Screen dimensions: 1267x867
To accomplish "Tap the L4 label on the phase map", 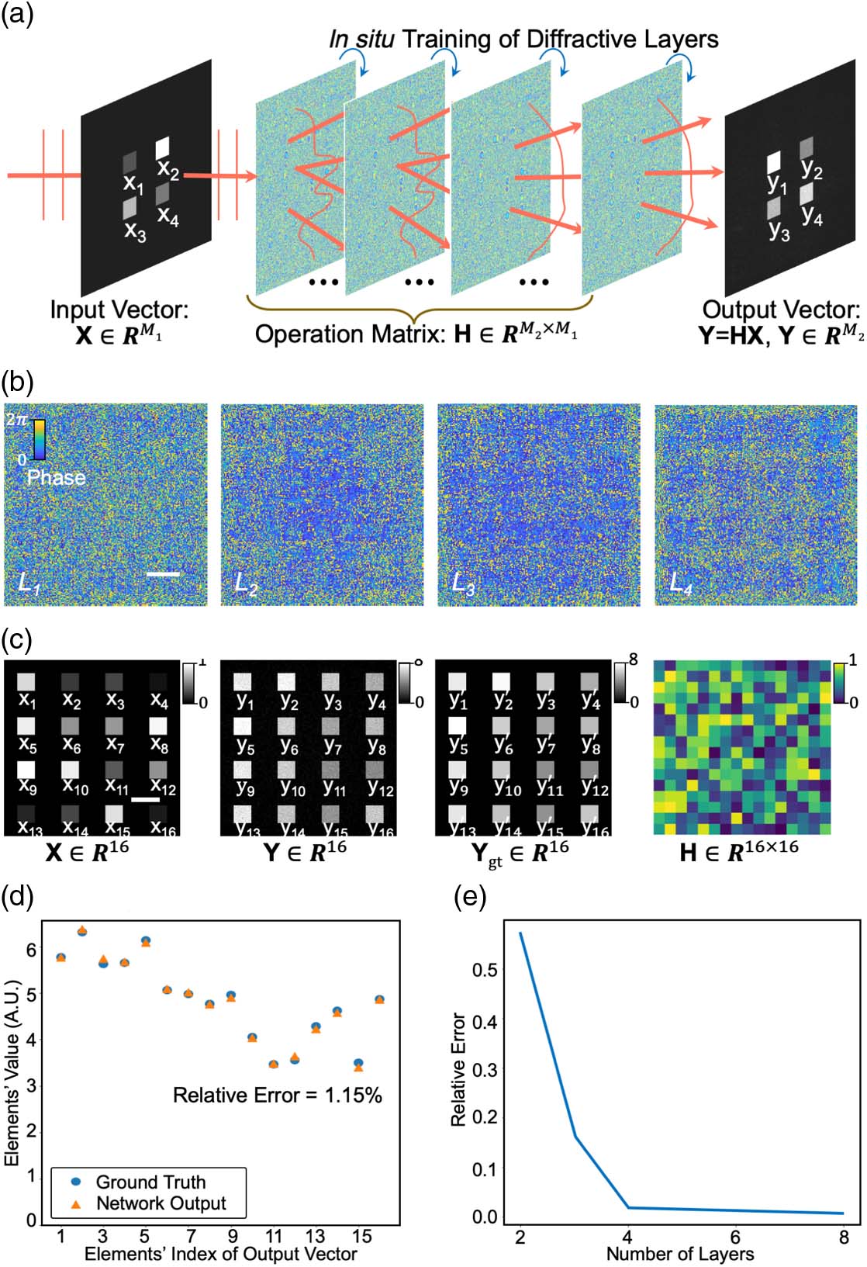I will click(x=681, y=584).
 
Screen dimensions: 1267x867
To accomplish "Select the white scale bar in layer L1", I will click(x=162, y=574).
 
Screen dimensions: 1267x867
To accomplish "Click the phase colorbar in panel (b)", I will click(x=39, y=439).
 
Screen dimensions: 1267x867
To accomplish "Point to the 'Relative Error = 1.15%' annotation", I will click(x=277, y=1095).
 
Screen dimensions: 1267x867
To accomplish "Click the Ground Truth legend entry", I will click(x=150, y=1182).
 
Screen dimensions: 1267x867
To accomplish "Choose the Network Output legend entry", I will click(x=160, y=1203).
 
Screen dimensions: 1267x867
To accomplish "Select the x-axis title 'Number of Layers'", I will click(x=679, y=1254).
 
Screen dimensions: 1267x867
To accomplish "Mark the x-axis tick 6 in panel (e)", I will click(x=734, y=1236).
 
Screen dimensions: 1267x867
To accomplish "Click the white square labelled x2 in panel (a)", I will click(x=163, y=147).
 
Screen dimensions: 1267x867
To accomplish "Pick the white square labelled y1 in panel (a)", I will click(x=773, y=163).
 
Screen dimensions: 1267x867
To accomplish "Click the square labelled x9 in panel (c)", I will click(x=26, y=770).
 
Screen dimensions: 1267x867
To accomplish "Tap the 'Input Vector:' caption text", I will click(x=119, y=310).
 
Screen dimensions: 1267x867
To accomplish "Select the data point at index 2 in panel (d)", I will click(x=82, y=931).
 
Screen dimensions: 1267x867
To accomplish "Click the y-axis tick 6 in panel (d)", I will click(x=31, y=949).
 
